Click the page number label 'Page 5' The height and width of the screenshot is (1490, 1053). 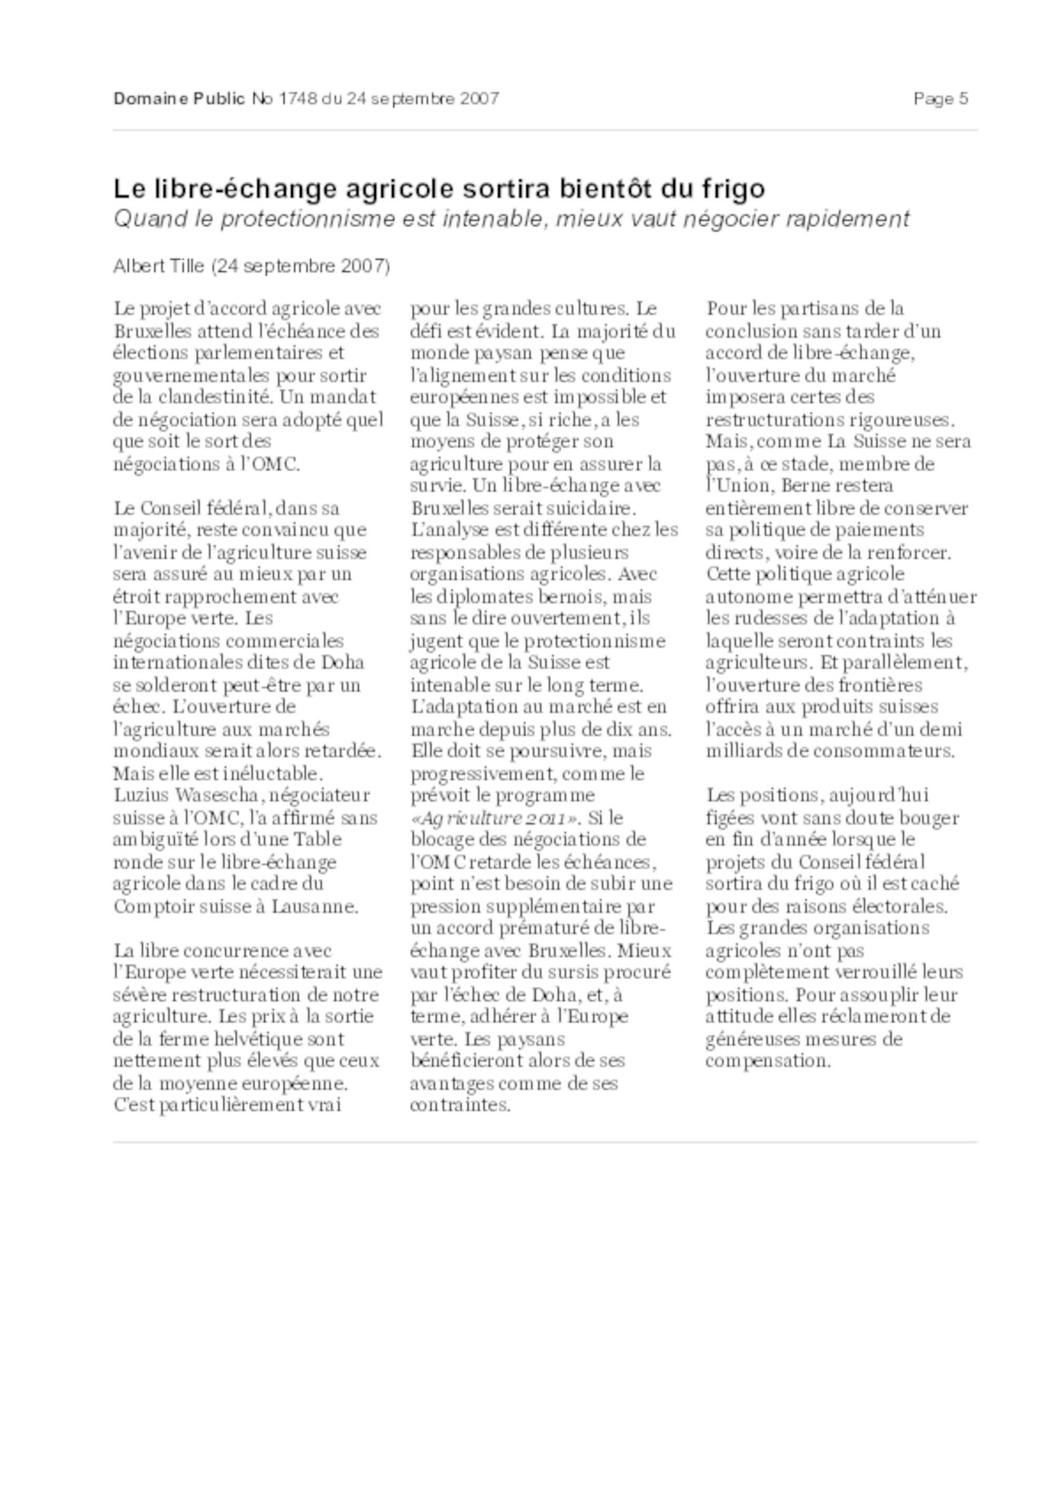(940, 98)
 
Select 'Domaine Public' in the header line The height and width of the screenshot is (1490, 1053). (179, 98)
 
